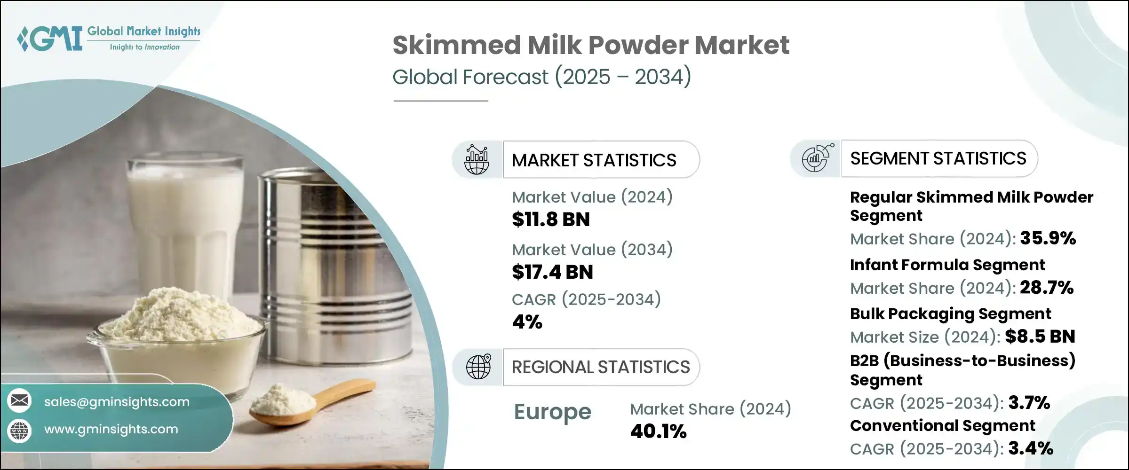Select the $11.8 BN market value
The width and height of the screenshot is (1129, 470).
(x=550, y=219)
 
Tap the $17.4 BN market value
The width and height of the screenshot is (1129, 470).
(x=552, y=272)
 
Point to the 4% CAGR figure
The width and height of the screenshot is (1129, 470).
(x=527, y=322)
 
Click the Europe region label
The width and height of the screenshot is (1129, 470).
(x=552, y=412)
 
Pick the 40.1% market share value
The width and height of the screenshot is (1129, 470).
(x=658, y=431)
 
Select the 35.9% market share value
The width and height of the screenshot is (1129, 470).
(x=1048, y=238)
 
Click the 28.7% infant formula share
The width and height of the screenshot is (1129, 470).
(x=1046, y=288)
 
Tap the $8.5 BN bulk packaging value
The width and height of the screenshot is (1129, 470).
(x=1040, y=337)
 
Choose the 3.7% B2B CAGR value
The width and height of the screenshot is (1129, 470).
(x=1029, y=403)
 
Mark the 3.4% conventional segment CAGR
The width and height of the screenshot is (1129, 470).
(x=1030, y=448)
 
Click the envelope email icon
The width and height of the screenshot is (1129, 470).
(x=20, y=401)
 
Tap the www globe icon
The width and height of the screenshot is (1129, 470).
(x=20, y=430)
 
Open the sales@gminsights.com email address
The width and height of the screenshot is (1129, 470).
(x=117, y=402)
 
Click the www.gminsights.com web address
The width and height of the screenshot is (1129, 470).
(x=111, y=429)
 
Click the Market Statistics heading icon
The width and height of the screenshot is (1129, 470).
(x=477, y=160)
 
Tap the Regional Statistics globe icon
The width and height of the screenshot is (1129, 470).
(x=478, y=367)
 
